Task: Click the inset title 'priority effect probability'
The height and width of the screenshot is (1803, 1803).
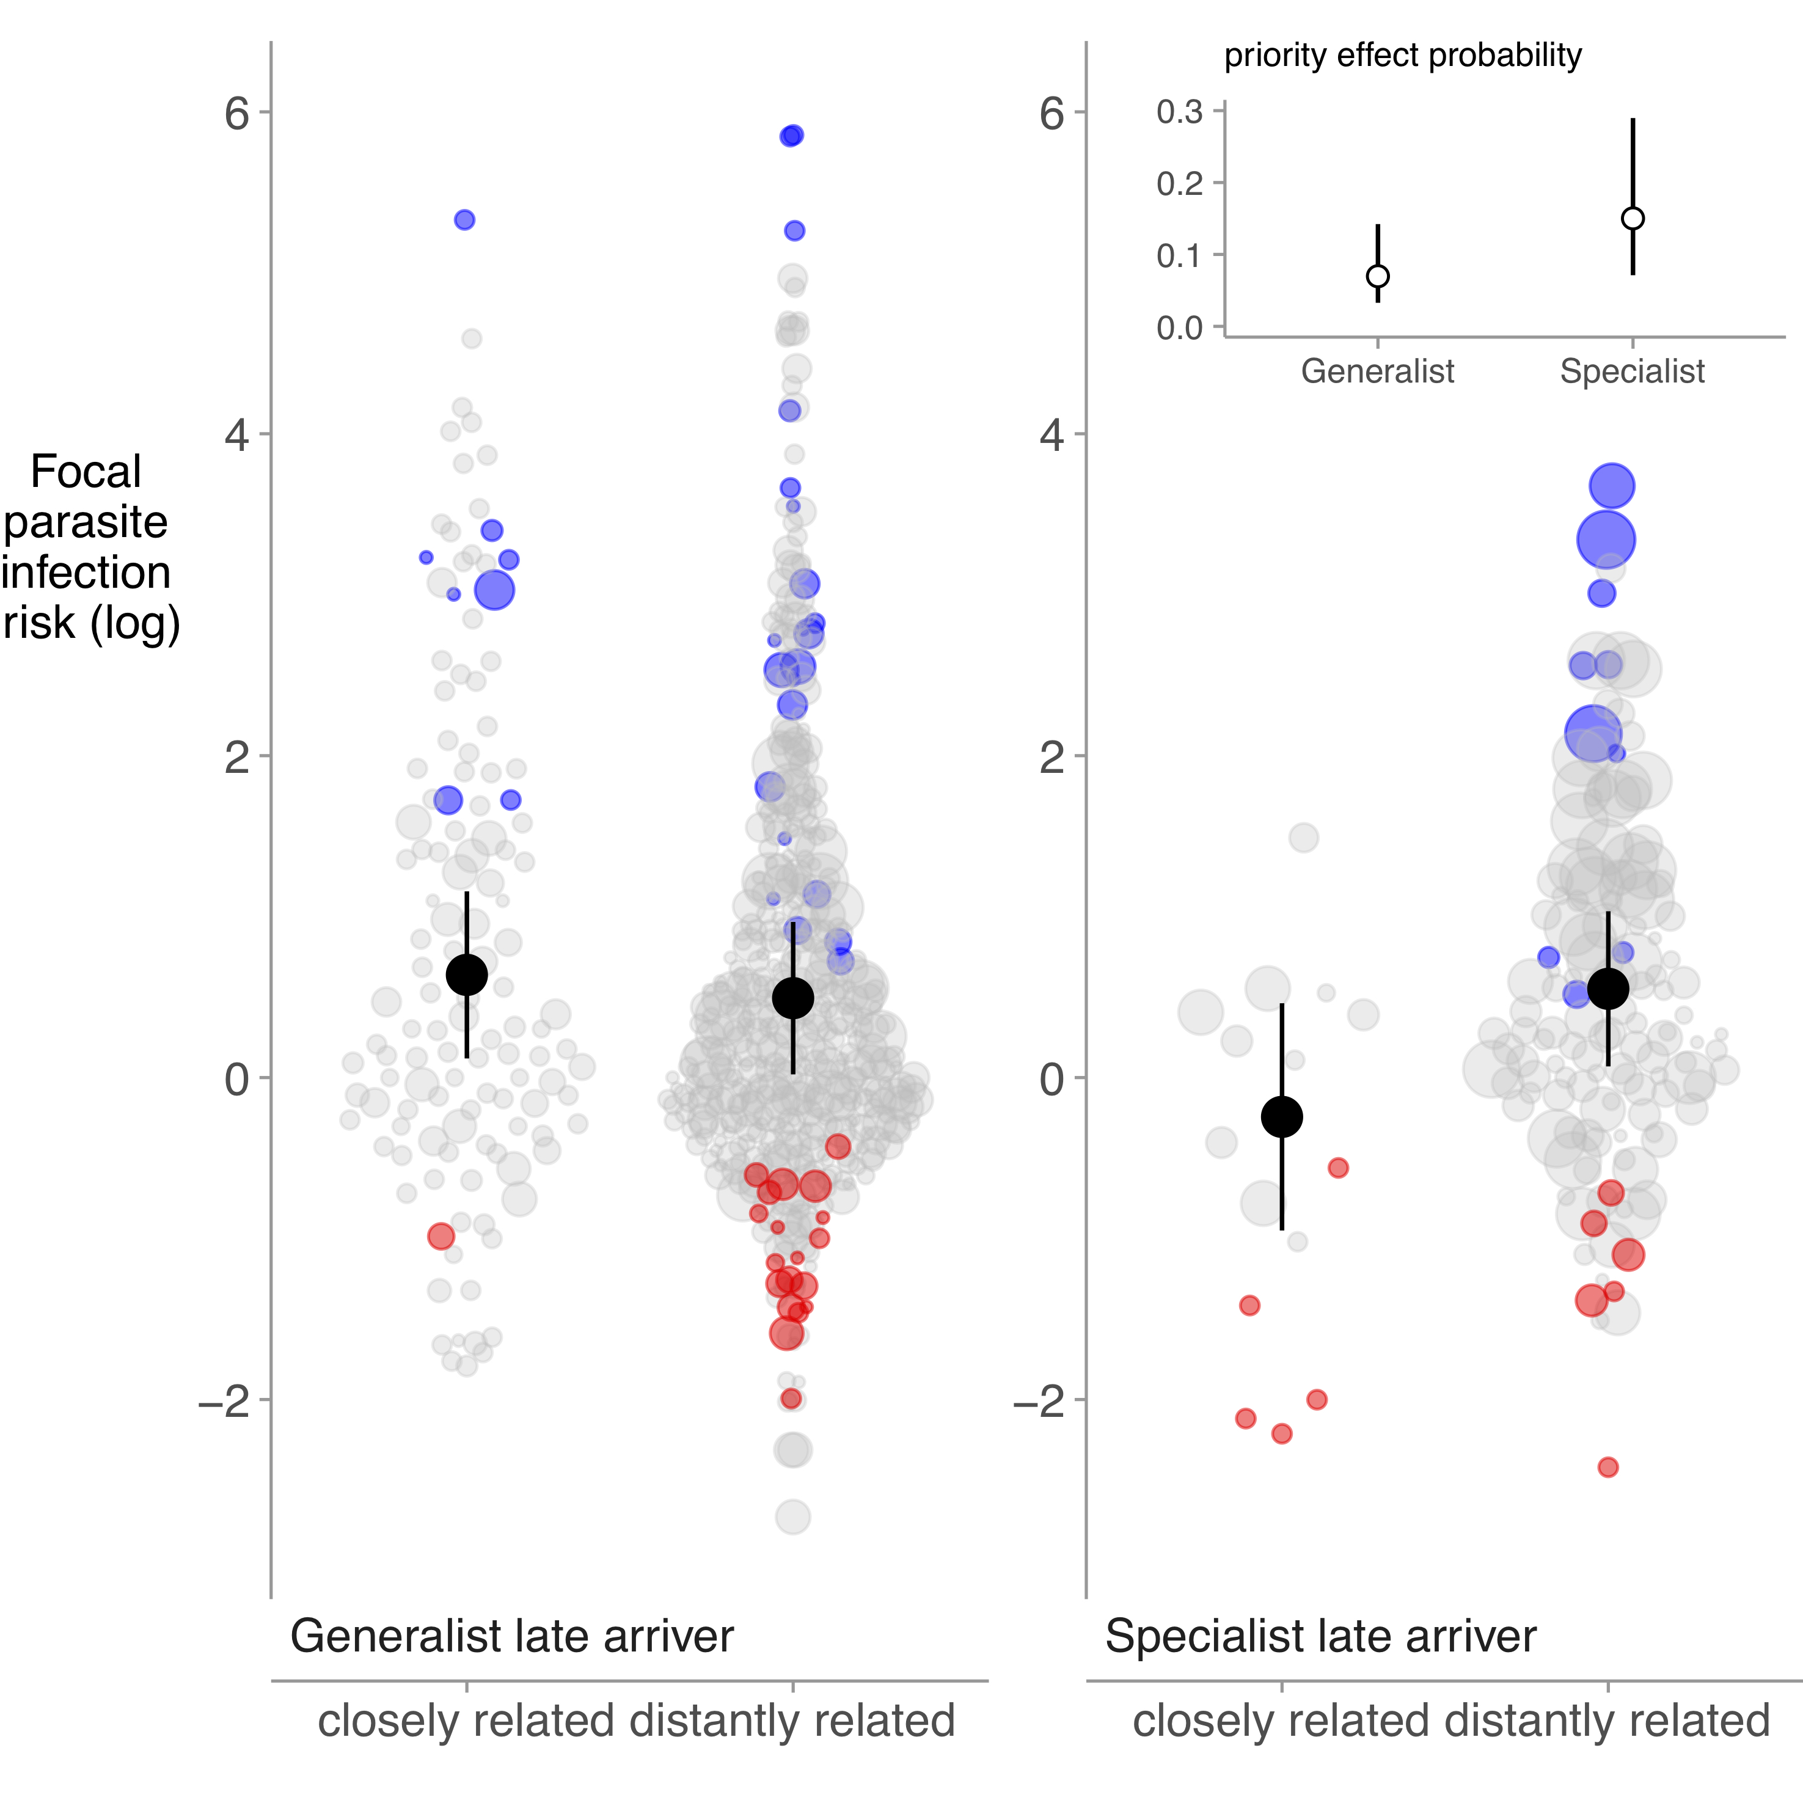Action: (x=1403, y=56)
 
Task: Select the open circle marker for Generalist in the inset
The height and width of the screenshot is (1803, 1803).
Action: (x=1377, y=276)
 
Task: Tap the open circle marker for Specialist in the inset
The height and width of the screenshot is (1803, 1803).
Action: (x=1632, y=218)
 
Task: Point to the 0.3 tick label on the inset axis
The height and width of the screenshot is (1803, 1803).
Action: (x=1180, y=112)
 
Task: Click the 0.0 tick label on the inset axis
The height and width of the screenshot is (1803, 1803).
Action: (x=1180, y=327)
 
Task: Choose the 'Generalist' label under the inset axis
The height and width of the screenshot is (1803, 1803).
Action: (x=1377, y=371)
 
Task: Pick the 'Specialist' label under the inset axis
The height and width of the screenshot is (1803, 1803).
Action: (x=1632, y=371)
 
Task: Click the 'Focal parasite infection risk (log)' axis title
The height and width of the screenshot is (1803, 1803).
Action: (x=89, y=548)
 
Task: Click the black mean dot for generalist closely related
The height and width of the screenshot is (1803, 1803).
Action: (x=467, y=975)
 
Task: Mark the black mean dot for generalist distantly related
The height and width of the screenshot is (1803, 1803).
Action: (x=793, y=998)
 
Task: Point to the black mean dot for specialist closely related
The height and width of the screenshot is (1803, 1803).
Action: (x=1281, y=1116)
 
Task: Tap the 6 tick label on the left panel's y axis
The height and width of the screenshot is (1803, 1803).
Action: (x=237, y=114)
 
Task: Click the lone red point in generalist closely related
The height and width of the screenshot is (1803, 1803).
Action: (x=441, y=1237)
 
